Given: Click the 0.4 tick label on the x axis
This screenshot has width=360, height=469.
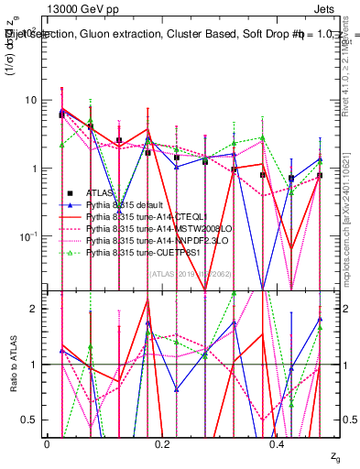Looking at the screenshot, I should pos(278,445).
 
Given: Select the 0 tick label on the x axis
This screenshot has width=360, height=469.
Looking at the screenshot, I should pos(47,445).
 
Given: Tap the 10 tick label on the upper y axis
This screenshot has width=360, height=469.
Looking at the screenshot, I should pos(31,100).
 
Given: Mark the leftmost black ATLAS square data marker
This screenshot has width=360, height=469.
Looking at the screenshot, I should pos(61,115).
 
